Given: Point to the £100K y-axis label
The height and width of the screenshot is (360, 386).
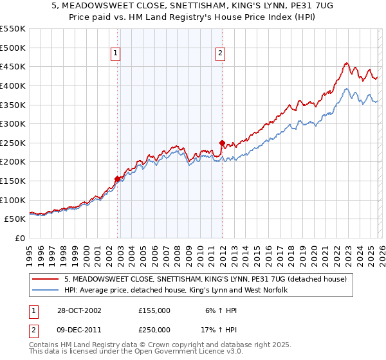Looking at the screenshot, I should (14, 200).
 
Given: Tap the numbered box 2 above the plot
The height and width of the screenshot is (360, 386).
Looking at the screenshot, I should (220, 55).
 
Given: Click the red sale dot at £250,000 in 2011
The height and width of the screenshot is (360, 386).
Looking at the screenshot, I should (222, 143).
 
